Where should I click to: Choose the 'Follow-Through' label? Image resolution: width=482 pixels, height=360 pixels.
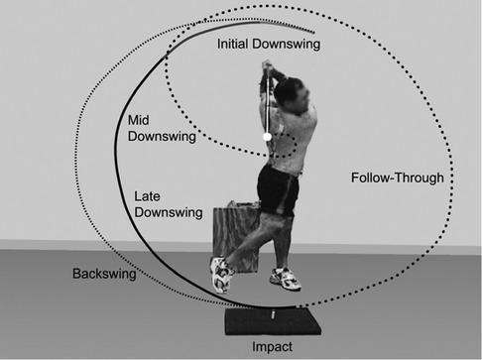pyautogui.click(x=397, y=179)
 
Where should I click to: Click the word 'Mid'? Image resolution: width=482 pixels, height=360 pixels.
pyautogui.click(x=140, y=120)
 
